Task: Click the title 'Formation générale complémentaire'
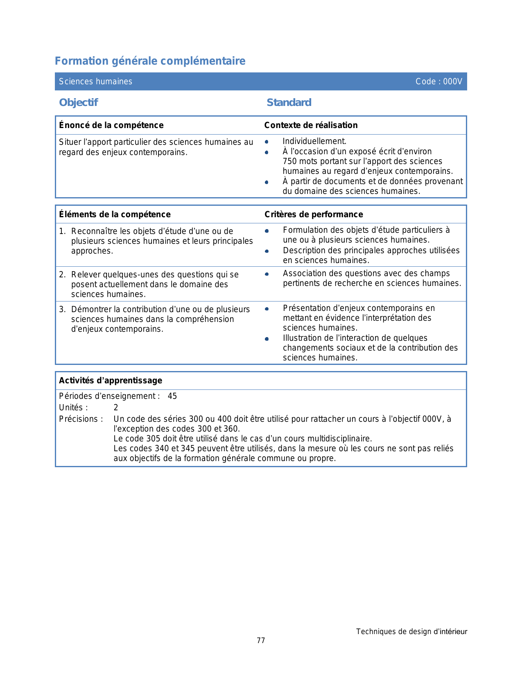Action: [x=150, y=61]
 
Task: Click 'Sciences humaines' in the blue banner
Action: [x=95, y=81]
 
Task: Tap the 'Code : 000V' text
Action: [x=438, y=81]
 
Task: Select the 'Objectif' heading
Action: [x=78, y=102]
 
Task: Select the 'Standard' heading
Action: [x=289, y=102]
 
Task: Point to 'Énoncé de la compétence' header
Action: [x=111, y=125]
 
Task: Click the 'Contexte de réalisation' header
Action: [x=311, y=125]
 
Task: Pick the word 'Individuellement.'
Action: [x=314, y=142]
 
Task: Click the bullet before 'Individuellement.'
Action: [x=267, y=142]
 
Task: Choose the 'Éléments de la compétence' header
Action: [x=115, y=214]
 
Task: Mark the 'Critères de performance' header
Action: [x=314, y=214]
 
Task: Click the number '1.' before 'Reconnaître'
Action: [x=62, y=232]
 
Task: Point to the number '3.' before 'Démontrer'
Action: [x=62, y=310]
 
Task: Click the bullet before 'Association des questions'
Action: [x=267, y=274]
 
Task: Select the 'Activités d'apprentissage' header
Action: [x=111, y=380]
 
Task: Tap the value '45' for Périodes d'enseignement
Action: [x=172, y=396]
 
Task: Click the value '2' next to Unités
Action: [x=116, y=407]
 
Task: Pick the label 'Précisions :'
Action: [x=81, y=419]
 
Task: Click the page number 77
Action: [x=261, y=641]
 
